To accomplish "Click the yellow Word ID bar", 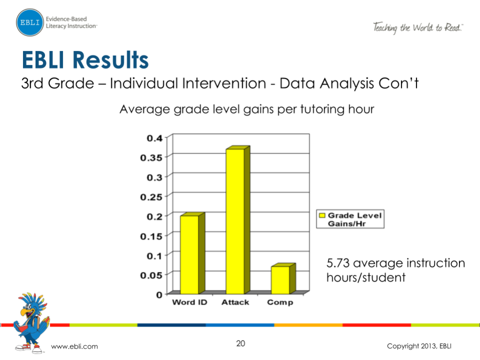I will coord(189,254).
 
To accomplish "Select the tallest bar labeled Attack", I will coord(235,221).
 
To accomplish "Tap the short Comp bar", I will coord(280,280).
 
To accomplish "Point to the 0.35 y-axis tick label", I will coord(152,157).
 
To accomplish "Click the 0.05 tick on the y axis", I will coord(152,274).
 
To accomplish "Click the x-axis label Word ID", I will coord(189,302).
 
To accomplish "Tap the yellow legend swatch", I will coord(322,215).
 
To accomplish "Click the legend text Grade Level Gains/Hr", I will coord(354,219).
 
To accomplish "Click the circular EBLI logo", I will coord(30,22).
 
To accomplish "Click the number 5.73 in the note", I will coord(340,263).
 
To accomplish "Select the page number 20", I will coord(241,343).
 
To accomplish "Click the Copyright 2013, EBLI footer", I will coord(421,346).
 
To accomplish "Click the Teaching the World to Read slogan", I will coord(417,28).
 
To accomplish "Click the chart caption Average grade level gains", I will coord(246,109).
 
